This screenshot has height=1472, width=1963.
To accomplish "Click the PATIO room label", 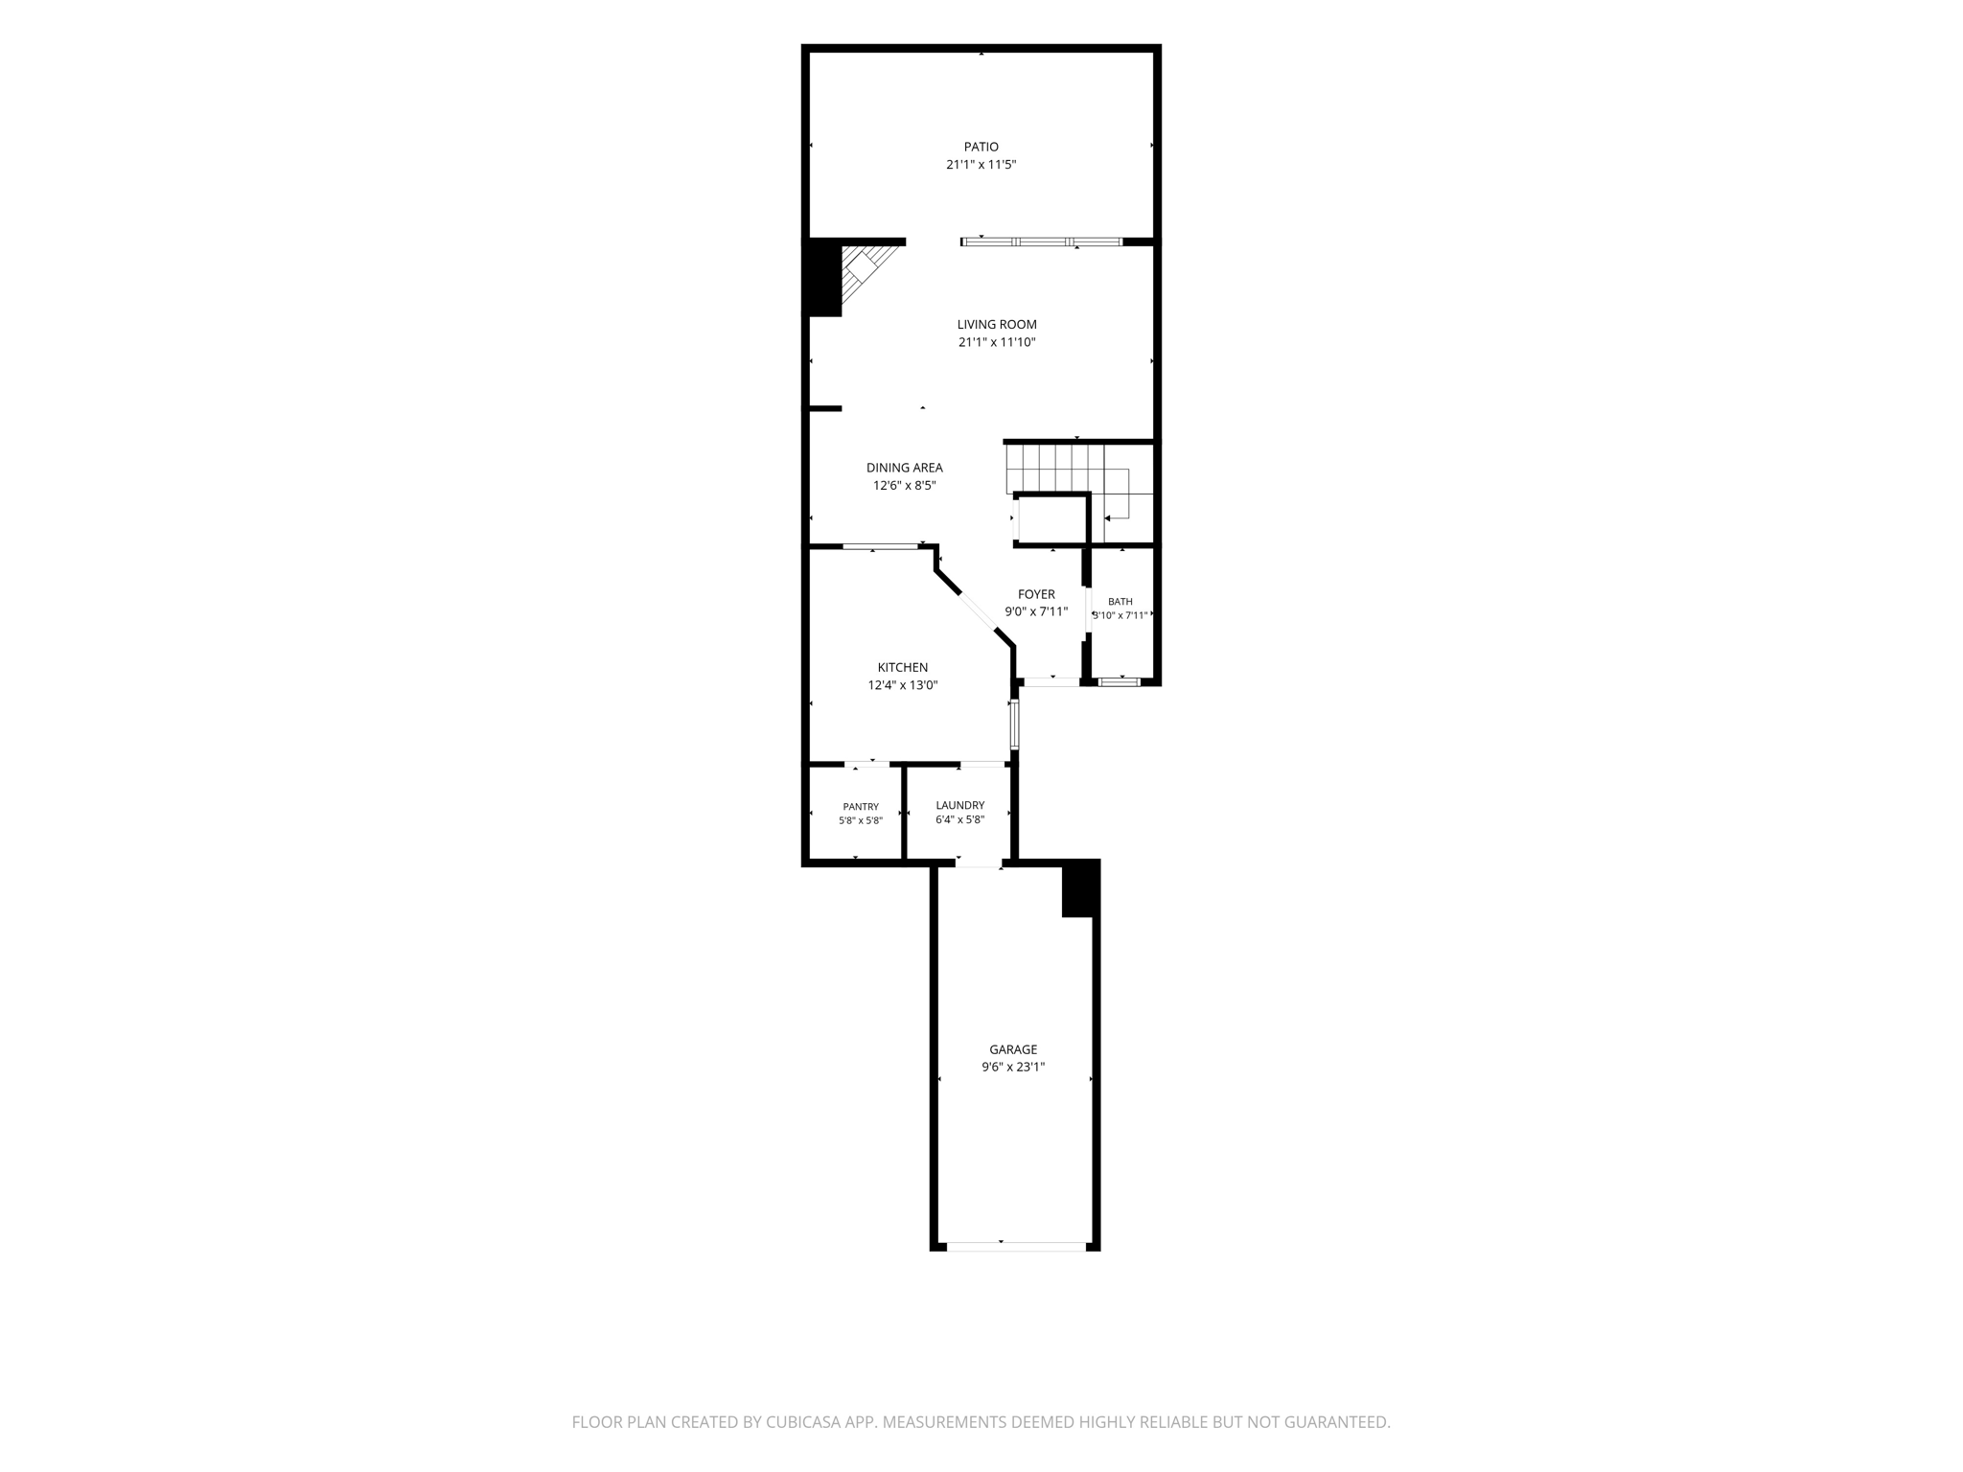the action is [x=981, y=147].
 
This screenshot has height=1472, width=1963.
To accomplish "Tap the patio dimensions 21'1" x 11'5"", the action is [x=981, y=165].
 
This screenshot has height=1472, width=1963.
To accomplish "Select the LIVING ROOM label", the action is [x=997, y=325].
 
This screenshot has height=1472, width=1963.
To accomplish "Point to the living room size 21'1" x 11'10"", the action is [x=997, y=342].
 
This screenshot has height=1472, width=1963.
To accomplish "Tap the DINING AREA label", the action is [x=904, y=468].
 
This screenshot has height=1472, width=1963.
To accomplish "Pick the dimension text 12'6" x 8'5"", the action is [x=904, y=486].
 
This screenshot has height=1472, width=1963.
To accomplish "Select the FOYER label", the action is [x=1036, y=594].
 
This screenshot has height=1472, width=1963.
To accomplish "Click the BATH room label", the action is [x=1120, y=602].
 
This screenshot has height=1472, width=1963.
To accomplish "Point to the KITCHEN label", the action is [x=903, y=668].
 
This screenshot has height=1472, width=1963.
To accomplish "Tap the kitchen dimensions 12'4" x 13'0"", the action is [x=903, y=685].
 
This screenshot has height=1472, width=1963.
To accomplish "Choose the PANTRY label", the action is [x=861, y=807].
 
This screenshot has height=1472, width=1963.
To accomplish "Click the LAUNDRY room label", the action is [x=959, y=806].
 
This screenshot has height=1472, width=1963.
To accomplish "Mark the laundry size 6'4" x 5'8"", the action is [x=959, y=820].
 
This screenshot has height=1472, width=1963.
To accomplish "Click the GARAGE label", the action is [x=1013, y=1049].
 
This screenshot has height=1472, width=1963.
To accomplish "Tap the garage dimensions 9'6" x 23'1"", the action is [x=1013, y=1067].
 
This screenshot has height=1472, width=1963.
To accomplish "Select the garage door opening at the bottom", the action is [x=1016, y=1247].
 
